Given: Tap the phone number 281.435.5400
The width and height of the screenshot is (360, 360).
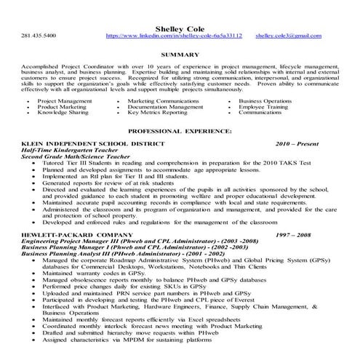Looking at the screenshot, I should [39, 36].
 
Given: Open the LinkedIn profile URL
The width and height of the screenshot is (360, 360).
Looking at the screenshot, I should [174, 36].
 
